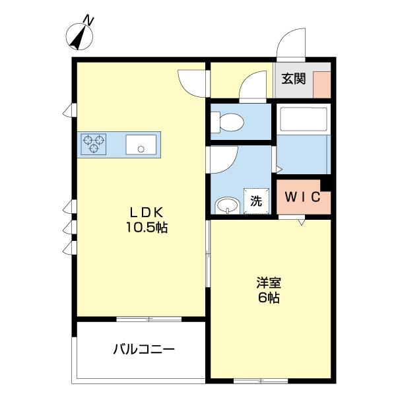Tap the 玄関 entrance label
(x=294, y=79)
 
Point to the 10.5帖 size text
(x=147, y=228)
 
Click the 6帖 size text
(x=269, y=298)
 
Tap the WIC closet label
(x=302, y=196)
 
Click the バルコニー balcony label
(x=143, y=348)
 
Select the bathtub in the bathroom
(x=303, y=119)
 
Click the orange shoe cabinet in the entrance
(x=321, y=84)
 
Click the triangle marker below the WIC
(x=301, y=223)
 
